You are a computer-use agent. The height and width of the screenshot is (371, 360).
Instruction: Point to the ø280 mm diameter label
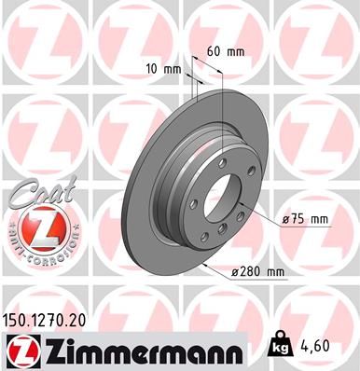point(258,271)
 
